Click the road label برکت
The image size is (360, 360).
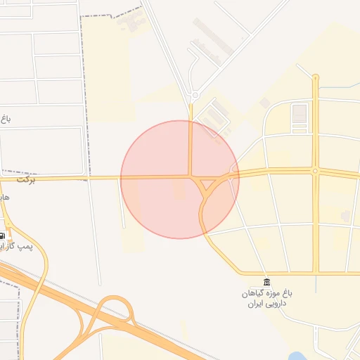coord(25,181)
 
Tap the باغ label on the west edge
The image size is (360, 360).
coord(5,119)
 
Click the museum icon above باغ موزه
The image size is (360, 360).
coord(266,281)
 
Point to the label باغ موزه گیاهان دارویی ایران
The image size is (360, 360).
coord(266,297)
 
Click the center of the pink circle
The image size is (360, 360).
coord(180,179)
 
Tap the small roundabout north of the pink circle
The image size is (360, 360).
coord(194,94)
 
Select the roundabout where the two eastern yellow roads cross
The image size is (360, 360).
coord(315,171)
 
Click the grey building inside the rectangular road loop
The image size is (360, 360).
coord(300,113)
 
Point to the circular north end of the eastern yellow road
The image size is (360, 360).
coord(316,77)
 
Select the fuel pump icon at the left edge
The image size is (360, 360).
coord(3,236)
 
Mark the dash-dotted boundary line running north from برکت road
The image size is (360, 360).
coord(86,98)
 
